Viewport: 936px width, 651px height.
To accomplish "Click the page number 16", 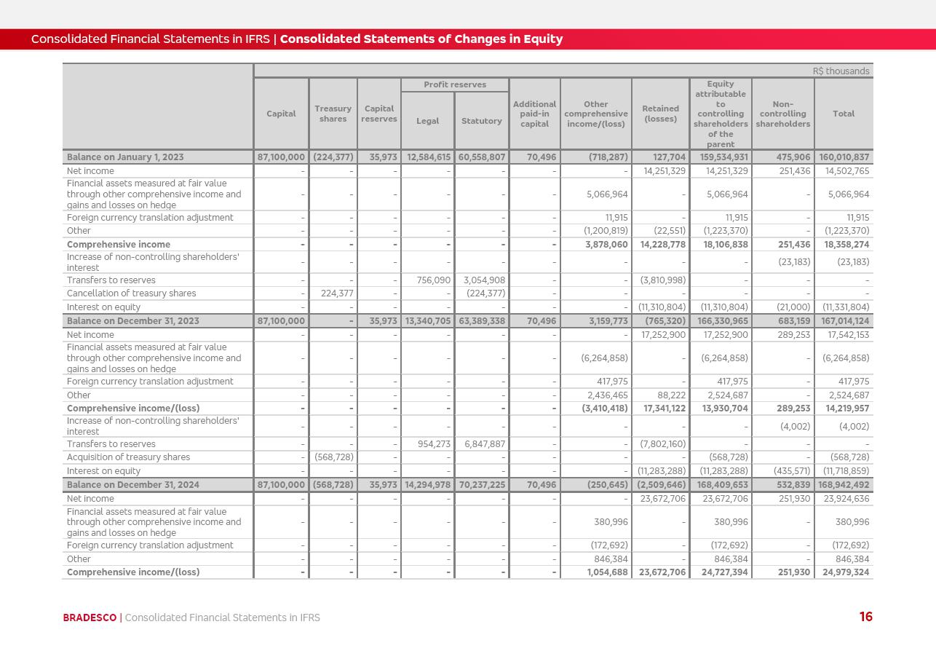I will tap(865, 617).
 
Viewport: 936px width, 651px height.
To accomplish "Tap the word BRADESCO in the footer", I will tap(90, 618).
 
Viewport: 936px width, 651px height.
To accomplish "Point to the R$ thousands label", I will tap(841, 71).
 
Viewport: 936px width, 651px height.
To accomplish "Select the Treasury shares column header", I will tap(333, 114).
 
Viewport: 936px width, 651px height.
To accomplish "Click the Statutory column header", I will tap(481, 121).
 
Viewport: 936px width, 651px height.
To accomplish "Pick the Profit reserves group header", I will tap(455, 84).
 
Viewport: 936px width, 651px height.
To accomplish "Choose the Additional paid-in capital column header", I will tap(534, 114).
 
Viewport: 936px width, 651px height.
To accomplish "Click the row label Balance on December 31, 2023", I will tap(125, 320).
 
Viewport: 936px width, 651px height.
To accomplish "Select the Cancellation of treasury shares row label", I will tap(131, 293).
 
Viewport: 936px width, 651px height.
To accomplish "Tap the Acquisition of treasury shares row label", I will tap(128, 457).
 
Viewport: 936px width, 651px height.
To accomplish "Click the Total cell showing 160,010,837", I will tap(844, 157).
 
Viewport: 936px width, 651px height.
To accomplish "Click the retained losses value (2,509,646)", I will tap(662, 485).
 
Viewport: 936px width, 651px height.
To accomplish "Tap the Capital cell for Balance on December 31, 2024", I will tap(281, 485).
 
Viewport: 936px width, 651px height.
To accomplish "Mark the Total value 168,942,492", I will tap(844, 485).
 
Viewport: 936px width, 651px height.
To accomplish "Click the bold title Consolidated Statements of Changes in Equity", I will tap(421, 39).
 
